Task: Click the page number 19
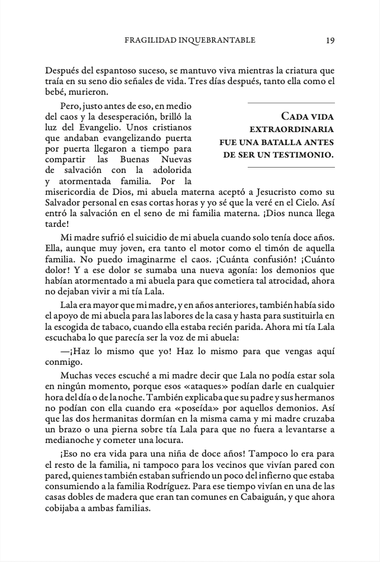point(330,40)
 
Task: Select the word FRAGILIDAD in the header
point(147,40)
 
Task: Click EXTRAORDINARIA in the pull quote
point(292,129)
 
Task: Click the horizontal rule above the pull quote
point(291,104)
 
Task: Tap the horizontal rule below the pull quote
point(291,168)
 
